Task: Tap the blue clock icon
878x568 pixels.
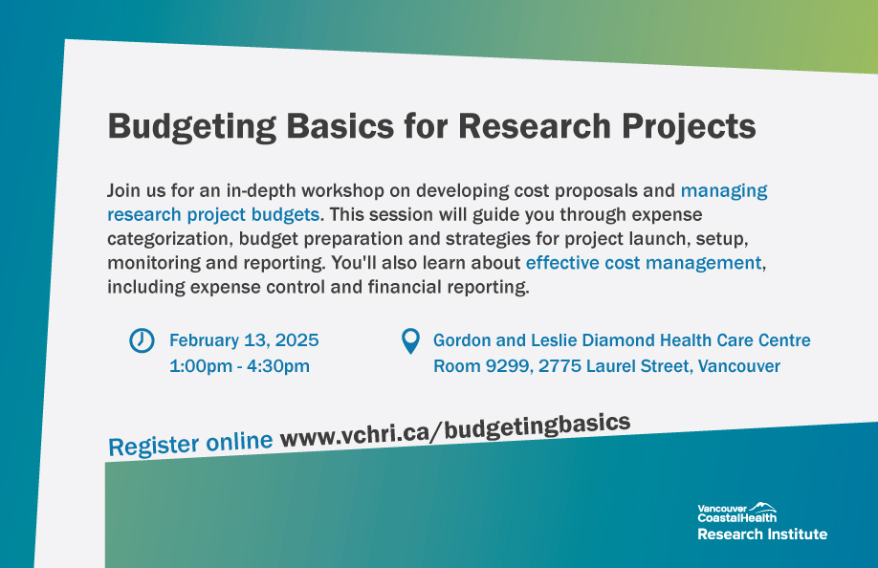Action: pyautogui.click(x=142, y=340)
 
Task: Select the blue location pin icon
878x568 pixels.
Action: pyautogui.click(x=410, y=341)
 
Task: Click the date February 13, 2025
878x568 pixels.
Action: pyautogui.click(x=244, y=340)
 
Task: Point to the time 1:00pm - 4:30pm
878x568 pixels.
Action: pyautogui.click(x=239, y=366)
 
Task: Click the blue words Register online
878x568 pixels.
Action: pyautogui.click(x=190, y=444)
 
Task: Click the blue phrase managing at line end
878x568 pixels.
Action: pyautogui.click(x=724, y=190)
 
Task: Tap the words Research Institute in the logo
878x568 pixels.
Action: pyautogui.click(x=761, y=534)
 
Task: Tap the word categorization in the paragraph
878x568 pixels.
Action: pyautogui.click(x=168, y=239)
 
